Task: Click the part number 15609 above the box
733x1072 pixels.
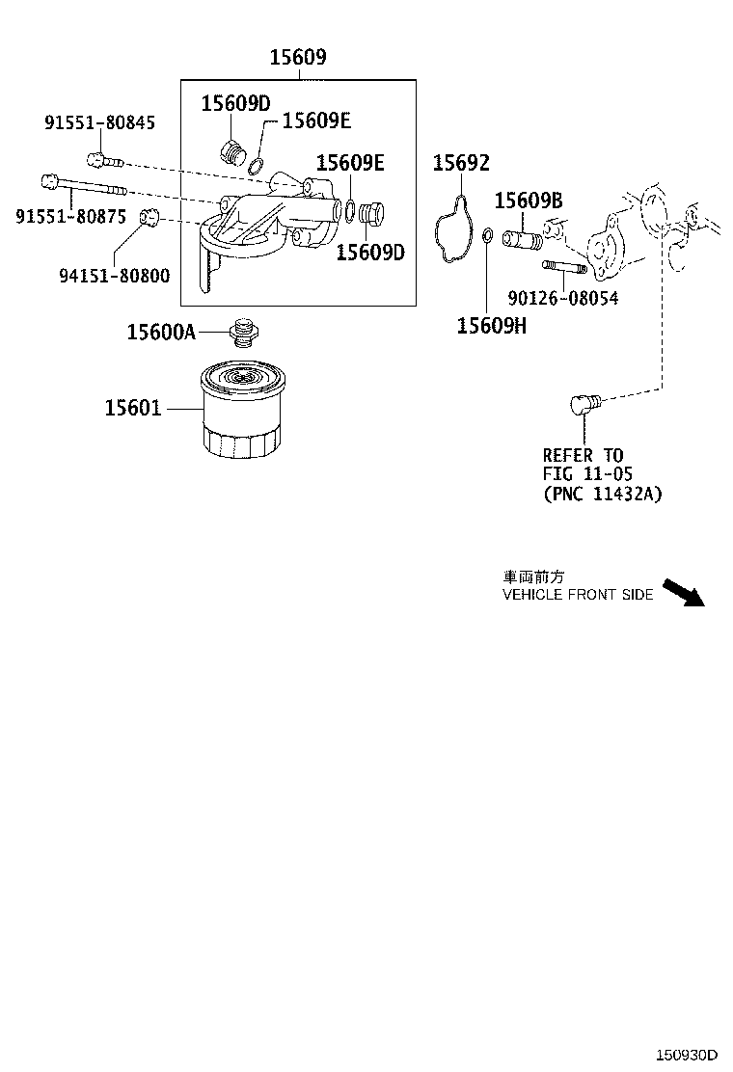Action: (x=297, y=59)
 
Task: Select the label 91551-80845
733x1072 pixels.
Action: (x=99, y=122)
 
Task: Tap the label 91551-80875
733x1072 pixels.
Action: (x=70, y=216)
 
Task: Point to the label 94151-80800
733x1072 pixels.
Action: (x=114, y=277)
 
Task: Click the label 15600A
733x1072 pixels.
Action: (x=161, y=333)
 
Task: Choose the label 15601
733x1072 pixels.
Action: (x=133, y=409)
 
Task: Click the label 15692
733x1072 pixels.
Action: (x=460, y=163)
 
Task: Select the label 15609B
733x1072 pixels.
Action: (x=529, y=201)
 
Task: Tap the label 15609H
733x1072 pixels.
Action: (x=492, y=325)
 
